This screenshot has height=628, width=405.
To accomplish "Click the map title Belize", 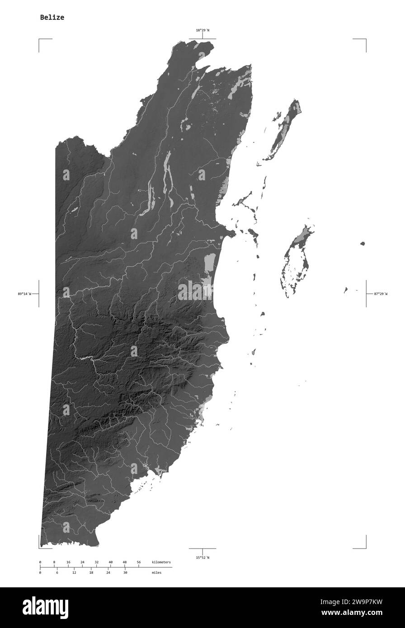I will click(52, 18).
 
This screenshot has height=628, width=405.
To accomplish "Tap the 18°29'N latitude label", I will click(202, 30).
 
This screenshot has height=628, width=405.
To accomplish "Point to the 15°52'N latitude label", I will click(202, 558).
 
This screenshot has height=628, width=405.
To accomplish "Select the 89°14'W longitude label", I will click(25, 294).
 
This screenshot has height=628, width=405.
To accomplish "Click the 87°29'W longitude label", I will click(381, 294).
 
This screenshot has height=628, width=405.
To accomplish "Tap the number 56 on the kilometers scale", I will click(139, 562).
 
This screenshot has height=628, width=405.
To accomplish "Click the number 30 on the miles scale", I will click(125, 572).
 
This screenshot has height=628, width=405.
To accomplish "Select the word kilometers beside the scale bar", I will click(161, 562).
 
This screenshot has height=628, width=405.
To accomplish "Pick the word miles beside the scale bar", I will click(156, 572).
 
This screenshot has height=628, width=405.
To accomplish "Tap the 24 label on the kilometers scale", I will click(82, 562).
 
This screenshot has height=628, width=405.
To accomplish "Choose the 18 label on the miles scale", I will click(91, 572).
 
